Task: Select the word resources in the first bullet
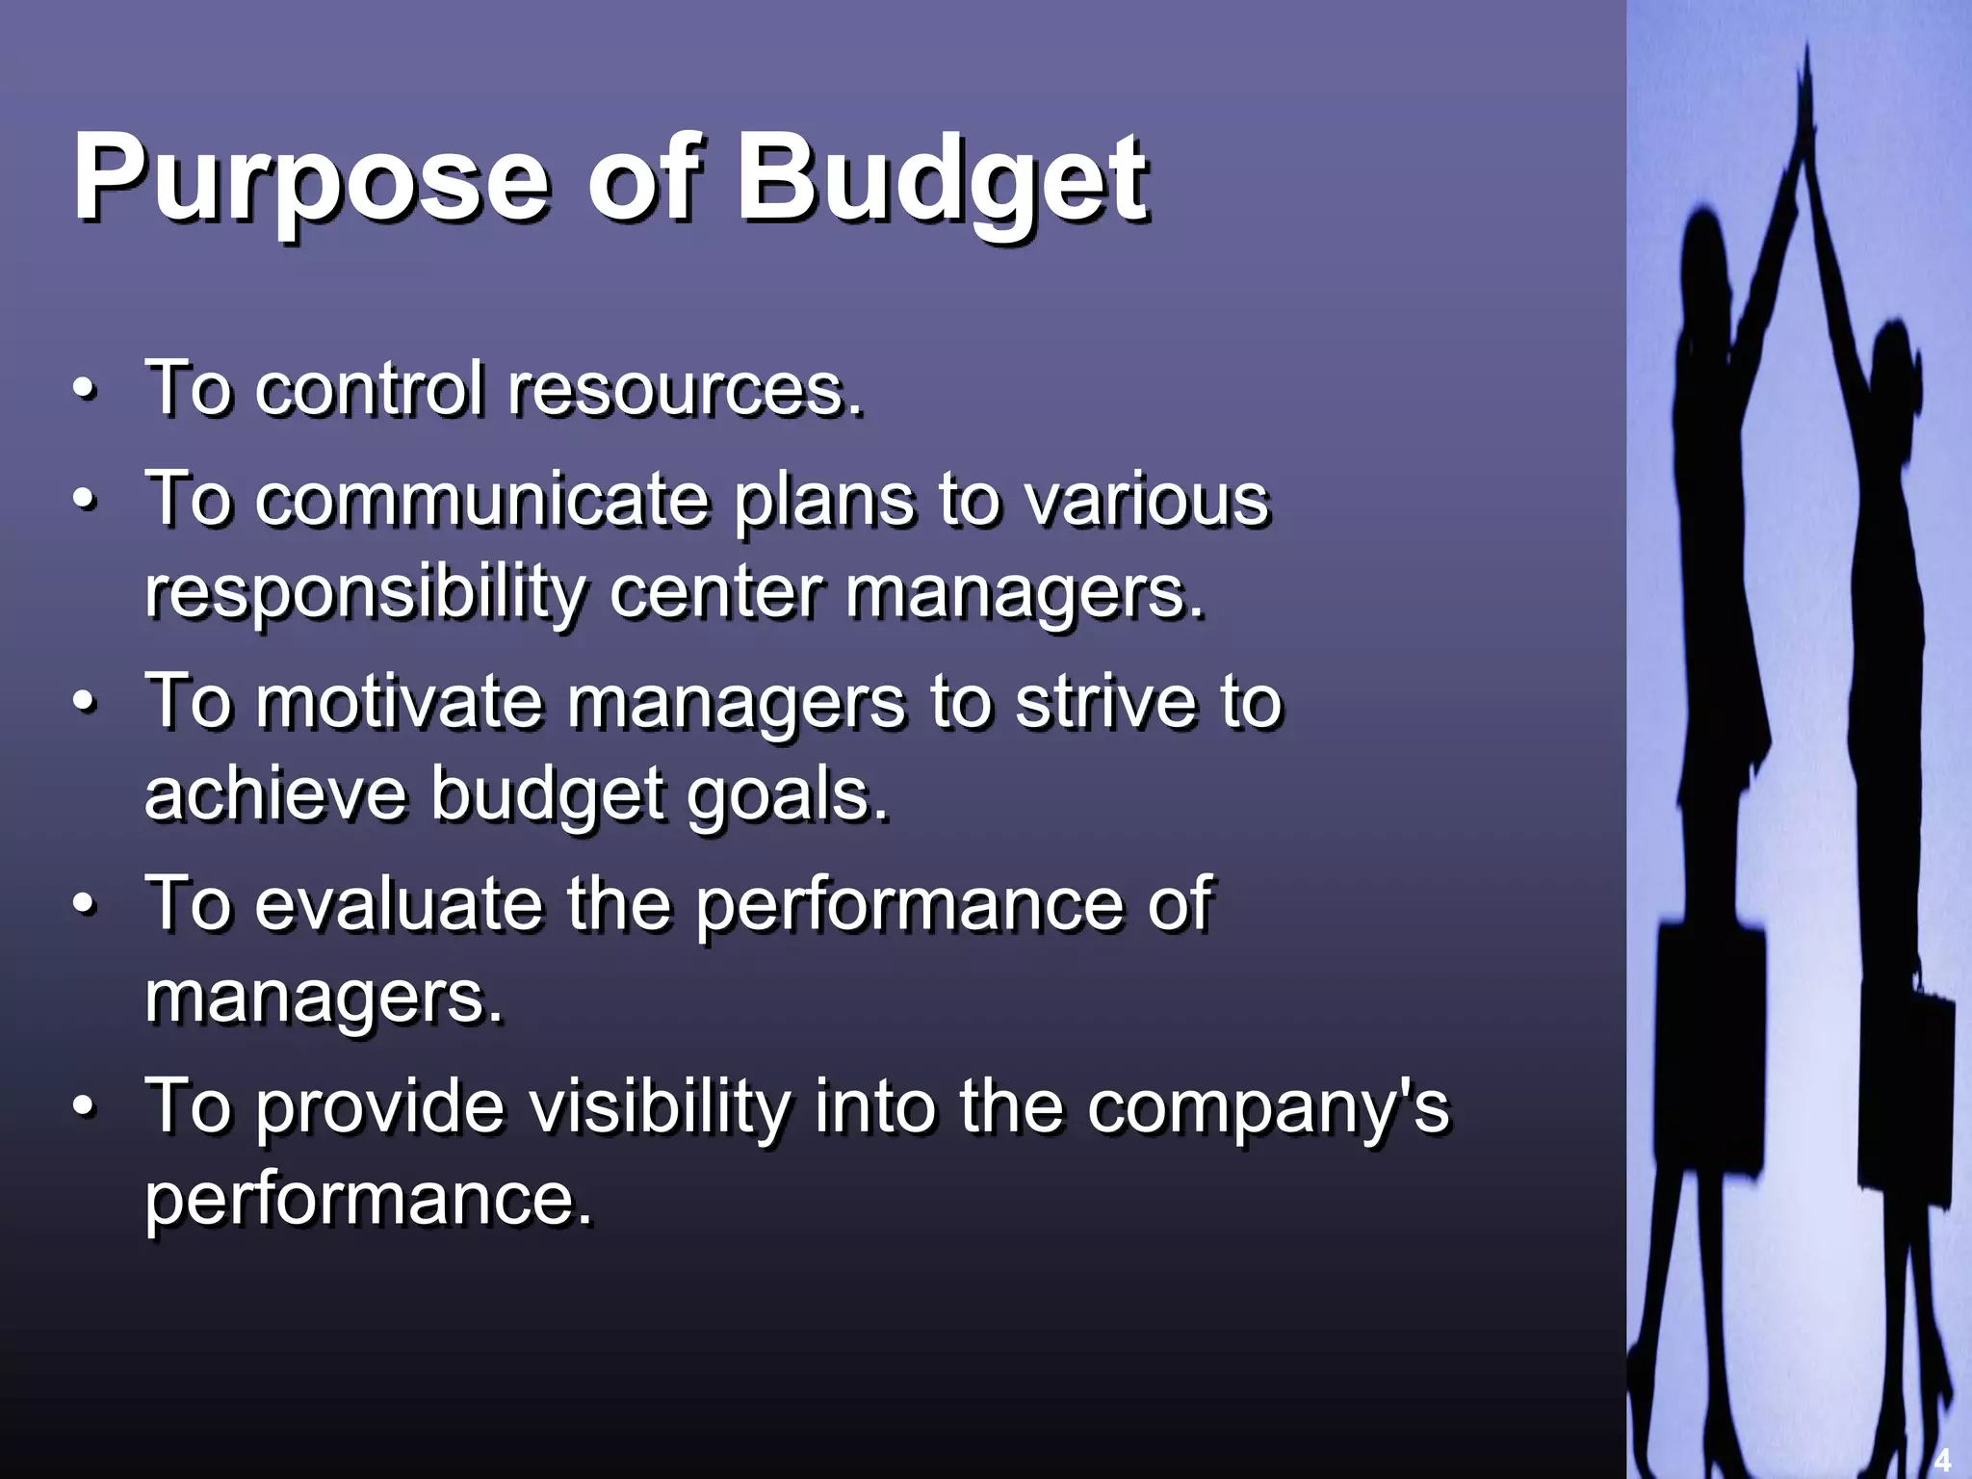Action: [685, 389]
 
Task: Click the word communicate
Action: [481, 500]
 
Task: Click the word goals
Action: [788, 795]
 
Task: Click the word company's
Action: [1267, 1107]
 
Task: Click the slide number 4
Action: [1942, 1460]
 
